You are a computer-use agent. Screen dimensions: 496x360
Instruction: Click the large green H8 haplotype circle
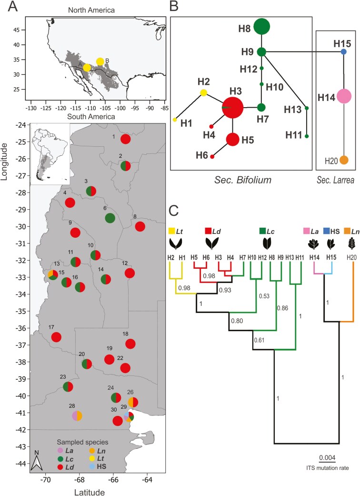coord(261,27)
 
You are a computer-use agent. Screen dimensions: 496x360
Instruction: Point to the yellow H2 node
coord(203,92)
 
